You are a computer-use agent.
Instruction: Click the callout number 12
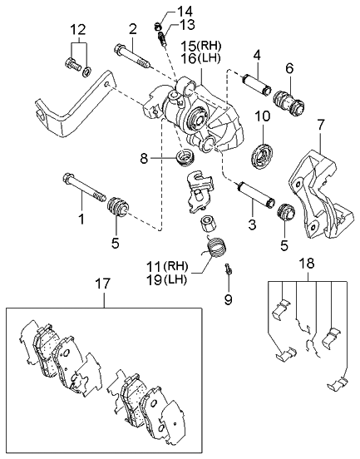point(76,30)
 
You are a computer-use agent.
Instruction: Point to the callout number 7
point(319,125)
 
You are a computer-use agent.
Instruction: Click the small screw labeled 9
point(227,269)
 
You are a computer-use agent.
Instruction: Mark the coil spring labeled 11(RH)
point(215,249)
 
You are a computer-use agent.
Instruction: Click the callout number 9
point(228,298)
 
